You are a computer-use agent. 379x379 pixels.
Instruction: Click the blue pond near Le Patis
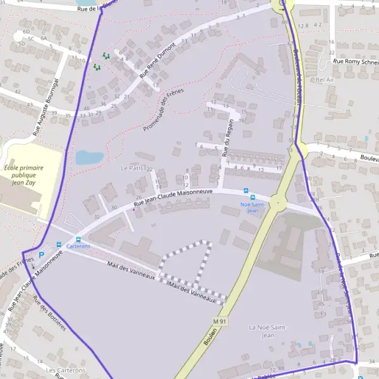(x=89, y=157)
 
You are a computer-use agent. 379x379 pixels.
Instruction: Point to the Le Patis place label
(x=132, y=168)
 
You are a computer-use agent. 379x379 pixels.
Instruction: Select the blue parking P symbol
(x=42, y=255)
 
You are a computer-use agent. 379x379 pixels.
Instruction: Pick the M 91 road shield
(x=219, y=322)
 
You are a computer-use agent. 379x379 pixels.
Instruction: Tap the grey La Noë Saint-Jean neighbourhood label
(x=268, y=331)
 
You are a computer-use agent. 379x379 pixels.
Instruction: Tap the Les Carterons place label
(x=65, y=370)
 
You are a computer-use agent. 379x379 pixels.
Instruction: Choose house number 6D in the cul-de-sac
(x=26, y=31)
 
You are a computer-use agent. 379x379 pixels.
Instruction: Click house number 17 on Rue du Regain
(x=279, y=169)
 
